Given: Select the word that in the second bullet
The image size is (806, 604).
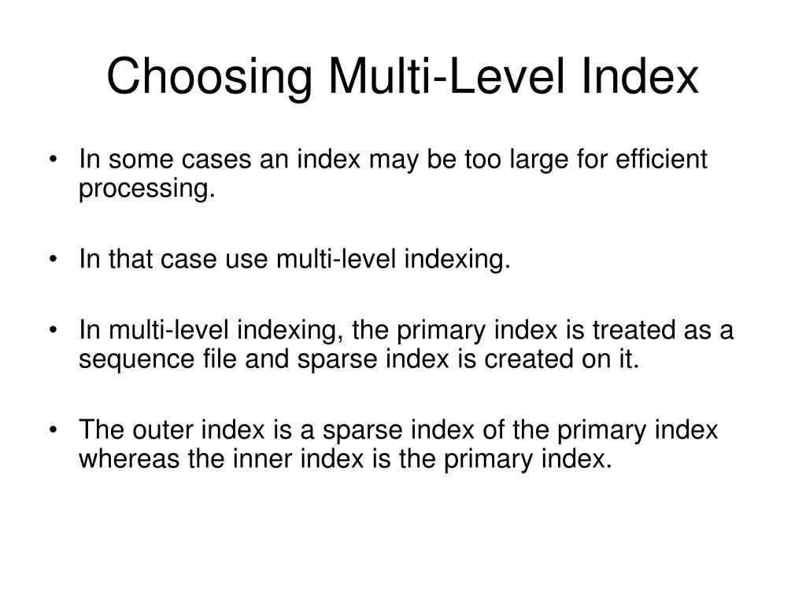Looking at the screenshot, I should coord(127,259).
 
